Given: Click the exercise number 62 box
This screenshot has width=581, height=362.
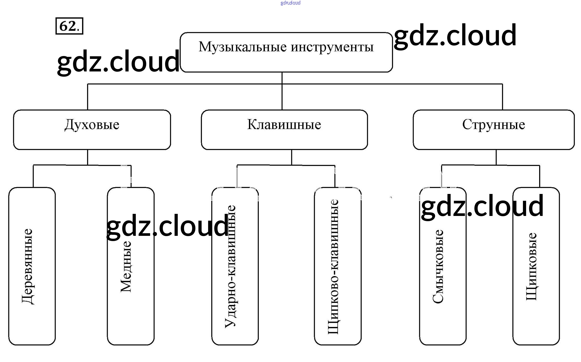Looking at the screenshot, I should point(69,26).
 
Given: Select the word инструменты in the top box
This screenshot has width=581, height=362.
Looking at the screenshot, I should point(332,47).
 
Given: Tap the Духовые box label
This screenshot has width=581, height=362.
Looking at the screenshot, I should point(92,125).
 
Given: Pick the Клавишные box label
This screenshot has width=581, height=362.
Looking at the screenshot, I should point(284,125).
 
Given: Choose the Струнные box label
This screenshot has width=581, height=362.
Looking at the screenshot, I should point(493,125).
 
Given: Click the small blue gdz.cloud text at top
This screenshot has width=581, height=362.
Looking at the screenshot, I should point(290,3).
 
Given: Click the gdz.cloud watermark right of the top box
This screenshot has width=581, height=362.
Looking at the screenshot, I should point(455,35).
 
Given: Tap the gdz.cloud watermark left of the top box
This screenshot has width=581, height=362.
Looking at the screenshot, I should point(118,62).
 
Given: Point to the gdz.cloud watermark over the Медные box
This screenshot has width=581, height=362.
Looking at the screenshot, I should point(167,226).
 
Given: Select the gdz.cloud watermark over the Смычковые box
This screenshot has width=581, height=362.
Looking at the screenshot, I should point(482,206).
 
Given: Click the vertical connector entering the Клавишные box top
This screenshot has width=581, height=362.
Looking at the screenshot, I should point(282,97).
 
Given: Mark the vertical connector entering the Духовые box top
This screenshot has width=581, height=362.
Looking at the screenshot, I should point(87,97).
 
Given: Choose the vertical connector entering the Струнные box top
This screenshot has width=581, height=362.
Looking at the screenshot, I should point(502,97).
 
